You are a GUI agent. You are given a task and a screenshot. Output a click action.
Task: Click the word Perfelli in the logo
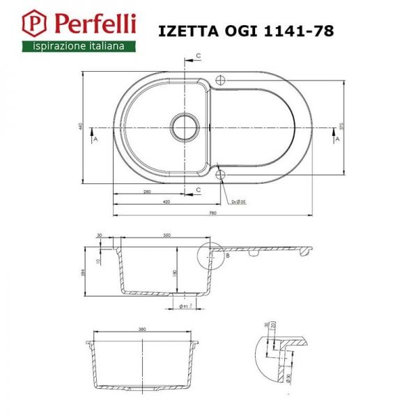86,24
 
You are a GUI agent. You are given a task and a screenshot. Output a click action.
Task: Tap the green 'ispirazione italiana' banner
75,46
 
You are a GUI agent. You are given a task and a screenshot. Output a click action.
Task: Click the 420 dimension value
166,201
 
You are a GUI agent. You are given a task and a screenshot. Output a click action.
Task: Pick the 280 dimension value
147,191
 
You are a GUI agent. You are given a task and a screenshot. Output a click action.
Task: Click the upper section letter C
198,55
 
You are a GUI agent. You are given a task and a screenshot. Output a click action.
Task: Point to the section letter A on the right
338,139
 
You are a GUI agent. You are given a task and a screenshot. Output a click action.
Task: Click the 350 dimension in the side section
167,235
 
